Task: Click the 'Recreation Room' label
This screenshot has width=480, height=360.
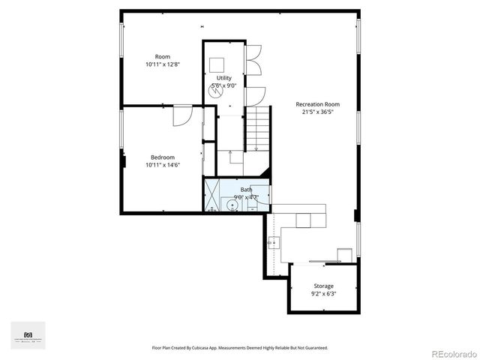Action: pyautogui.click(x=317, y=104)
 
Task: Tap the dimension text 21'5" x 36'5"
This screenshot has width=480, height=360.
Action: pyautogui.click(x=316, y=112)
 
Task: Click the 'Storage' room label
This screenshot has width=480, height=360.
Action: pyautogui.click(x=323, y=286)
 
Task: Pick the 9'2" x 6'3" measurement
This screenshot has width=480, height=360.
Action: pyautogui.click(x=323, y=293)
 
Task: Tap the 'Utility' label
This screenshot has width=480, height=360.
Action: pyautogui.click(x=224, y=78)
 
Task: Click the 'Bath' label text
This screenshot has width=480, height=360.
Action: pyautogui.click(x=246, y=190)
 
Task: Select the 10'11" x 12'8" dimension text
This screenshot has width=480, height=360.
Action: pyautogui.click(x=162, y=64)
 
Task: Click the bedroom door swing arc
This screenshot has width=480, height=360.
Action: pyautogui.click(x=182, y=117)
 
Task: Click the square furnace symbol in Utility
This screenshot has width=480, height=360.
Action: pyautogui.click(x=217, y=64)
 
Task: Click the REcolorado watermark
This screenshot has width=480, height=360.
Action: pyautogui.click(x=451, y=353)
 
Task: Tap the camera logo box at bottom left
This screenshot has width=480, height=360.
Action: pyautogui.click(x=28, y=334)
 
